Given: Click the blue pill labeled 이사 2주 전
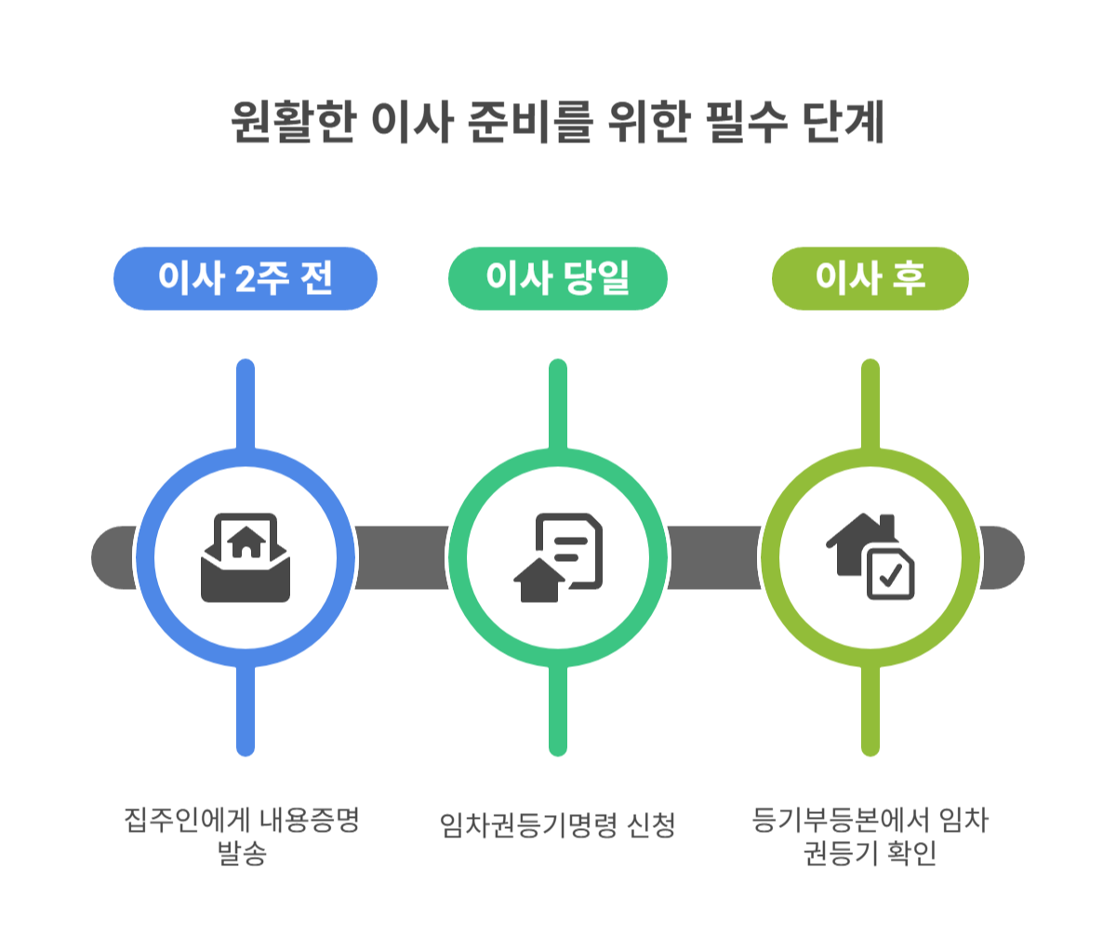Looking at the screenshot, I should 245,278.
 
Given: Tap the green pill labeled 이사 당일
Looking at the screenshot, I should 557,278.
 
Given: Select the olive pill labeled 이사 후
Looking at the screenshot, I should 870,278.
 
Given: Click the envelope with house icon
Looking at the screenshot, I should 246,557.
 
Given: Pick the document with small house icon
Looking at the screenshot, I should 559,557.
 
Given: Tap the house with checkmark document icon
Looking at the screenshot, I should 871,557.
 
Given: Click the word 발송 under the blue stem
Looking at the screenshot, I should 241,853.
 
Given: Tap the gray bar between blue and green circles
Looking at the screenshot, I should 402,557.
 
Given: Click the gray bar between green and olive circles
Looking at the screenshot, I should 714,557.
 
